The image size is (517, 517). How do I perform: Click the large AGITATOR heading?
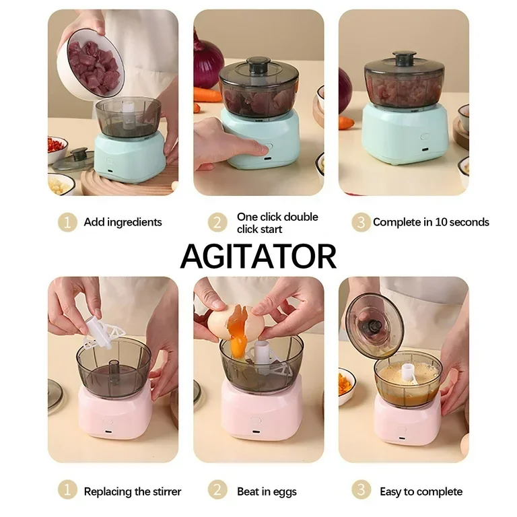tap(258, 256)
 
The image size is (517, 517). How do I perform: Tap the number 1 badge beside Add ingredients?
tap(67, 222)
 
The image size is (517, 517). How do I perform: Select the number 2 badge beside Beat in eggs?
tap(217, 489)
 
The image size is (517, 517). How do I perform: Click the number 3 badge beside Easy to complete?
tap(361, 489)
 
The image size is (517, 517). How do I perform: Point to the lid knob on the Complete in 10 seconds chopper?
tap(404, 59)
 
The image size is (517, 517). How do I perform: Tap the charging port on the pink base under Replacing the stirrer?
tap(108, 432)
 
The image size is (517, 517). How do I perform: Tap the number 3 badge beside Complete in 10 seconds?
tap(361, 222)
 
